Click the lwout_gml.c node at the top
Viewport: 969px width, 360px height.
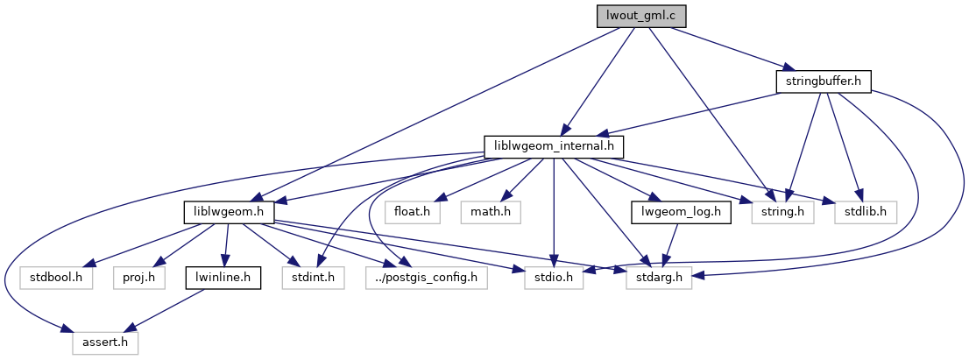[x=641, y=17]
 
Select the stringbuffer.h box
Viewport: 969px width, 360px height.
[x=823, y=81]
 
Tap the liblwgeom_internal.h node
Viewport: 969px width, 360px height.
[x=548, y=146]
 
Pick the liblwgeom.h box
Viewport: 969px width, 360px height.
[x=230, y=212]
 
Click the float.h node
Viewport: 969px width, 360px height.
[x=411, y=212]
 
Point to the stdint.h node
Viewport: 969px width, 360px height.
[x=307, y=278]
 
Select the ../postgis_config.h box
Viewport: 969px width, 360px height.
[x=426, y=278]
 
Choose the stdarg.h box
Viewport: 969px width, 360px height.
[x=659, y=278]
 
